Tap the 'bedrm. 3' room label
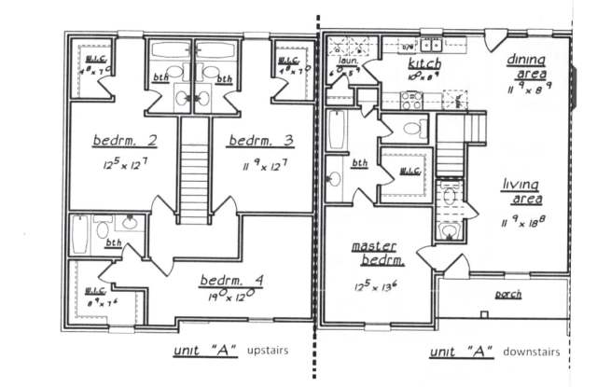[261, 141]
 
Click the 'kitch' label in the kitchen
[425, 63]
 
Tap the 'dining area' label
[526, 65]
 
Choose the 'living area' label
[521, 190]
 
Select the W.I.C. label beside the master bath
[408, 172]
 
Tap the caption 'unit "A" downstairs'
[494, 352]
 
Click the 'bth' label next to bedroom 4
[113, 242]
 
